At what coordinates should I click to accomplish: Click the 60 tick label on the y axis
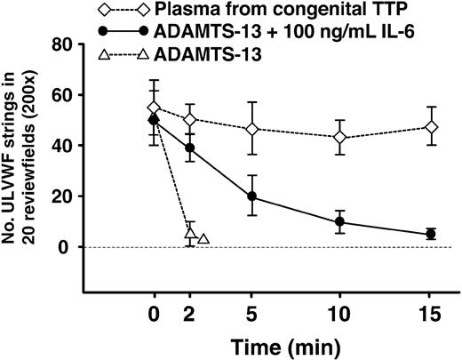(x=65, y=94)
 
